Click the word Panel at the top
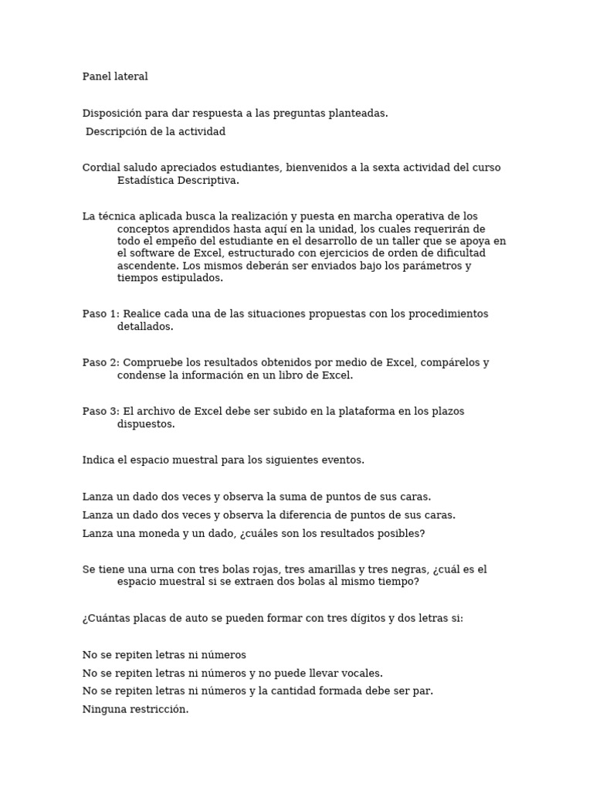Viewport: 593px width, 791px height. pyautogui.click(x=97, y=76)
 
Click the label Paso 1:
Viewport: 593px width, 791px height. pyautogui.click(x=101, y=314)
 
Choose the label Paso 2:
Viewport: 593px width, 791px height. pyautogui.click(x=101, y=363)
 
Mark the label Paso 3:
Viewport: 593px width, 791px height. pyautogui.click(x=101, y=412)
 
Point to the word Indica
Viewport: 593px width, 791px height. pyautogui.click(x=99, y=460)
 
